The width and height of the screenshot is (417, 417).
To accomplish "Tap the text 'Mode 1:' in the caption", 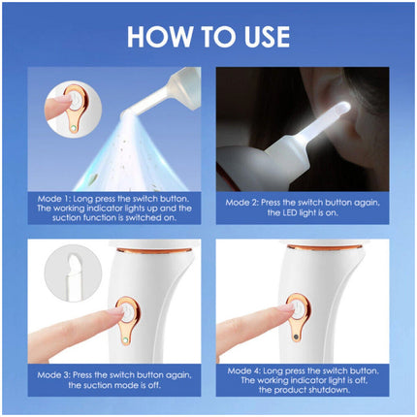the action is coord(53,199).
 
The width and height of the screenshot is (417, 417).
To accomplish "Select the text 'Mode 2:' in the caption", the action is coord(241,203).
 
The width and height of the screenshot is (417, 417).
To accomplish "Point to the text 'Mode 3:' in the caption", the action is coord(53,375).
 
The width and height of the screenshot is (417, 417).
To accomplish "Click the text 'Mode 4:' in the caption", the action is coord(243,370).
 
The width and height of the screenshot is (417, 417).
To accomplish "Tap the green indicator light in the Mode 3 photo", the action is coord(125,340).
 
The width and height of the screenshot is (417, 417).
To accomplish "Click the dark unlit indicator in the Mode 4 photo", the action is coord(296,337).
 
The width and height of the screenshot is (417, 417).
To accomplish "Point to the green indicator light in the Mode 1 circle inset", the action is coord(74,128).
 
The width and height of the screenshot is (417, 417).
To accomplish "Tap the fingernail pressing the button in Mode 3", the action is coord(117,311).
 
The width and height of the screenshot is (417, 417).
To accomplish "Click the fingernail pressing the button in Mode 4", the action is coord(287,306).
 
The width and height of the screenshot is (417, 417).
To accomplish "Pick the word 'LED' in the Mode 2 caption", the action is coord(290,213).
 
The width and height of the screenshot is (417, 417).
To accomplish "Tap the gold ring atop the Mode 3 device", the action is coord(154,250).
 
